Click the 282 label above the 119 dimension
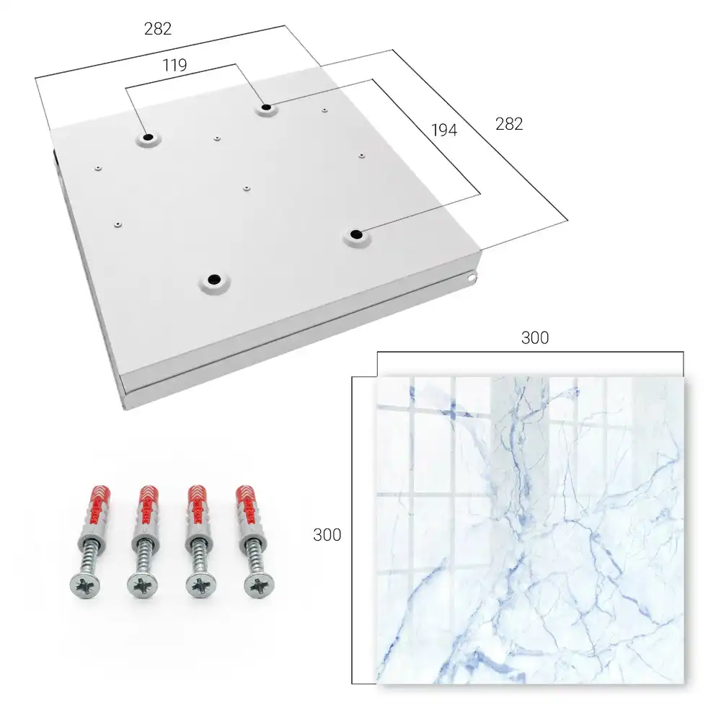click(158, 29)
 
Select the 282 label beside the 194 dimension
click(509, 124)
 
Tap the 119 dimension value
click(174, 66)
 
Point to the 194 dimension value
click(444, 130)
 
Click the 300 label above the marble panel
click(535, 338)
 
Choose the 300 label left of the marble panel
click(327, 535)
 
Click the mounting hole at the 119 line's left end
click(148, 137)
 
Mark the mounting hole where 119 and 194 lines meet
click(266, 108)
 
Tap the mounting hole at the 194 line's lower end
click(355, 234)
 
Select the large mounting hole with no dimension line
click(214, 279)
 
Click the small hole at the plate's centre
click(247, 188)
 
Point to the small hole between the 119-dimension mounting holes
click(217, 138)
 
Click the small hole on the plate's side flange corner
click(471, 278)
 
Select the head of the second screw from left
click(142, 586)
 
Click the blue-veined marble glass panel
click(530, 530)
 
